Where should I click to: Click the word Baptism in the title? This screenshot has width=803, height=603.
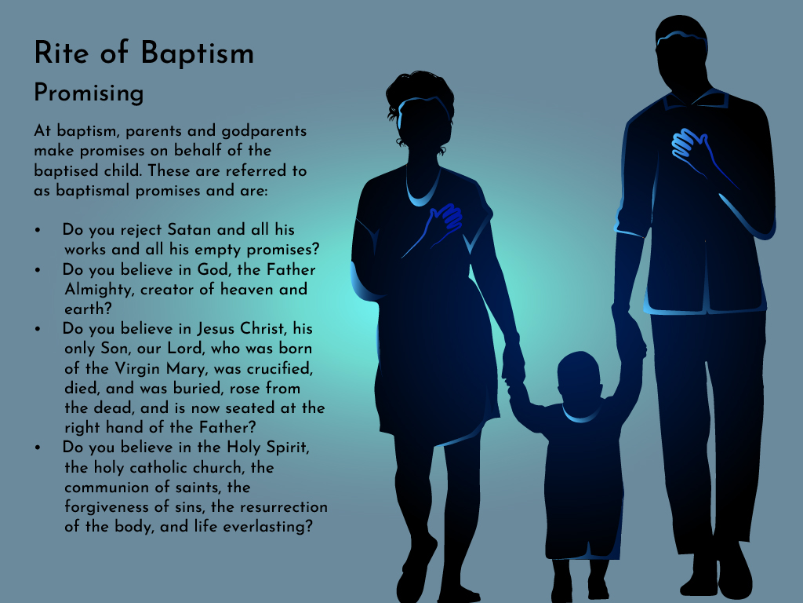pyautogui.click(x=197, y=53)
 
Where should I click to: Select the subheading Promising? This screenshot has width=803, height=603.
pyautogui.click(x=89, y=93)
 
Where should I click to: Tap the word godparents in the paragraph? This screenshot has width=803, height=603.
pyautogui.click(x=263, y=132)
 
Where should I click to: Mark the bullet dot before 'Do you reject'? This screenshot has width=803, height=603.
pyautogui.click(x=38, y=230)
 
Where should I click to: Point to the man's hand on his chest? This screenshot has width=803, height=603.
pyautogui.click(x=691, y=145)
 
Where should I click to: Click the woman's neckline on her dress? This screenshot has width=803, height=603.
pyautogui.click(x=423, y=196)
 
